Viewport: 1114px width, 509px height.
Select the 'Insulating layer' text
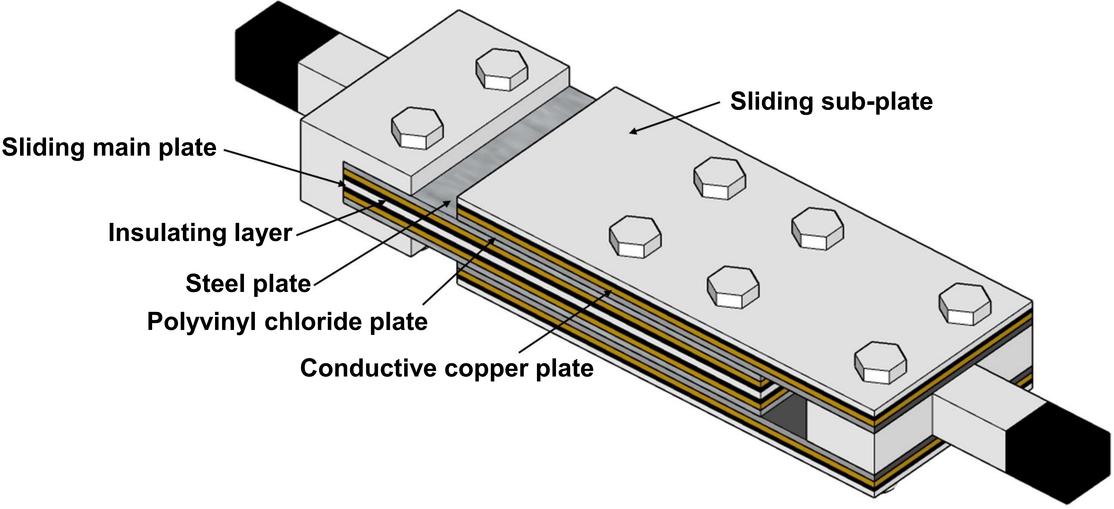coord(200,233)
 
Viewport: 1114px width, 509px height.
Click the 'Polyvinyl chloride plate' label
coord(287,322)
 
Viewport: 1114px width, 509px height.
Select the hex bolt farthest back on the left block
coord(502,69)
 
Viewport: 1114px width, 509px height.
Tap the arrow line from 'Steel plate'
coord(381,244)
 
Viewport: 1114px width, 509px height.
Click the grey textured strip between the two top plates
coord(510,143)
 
